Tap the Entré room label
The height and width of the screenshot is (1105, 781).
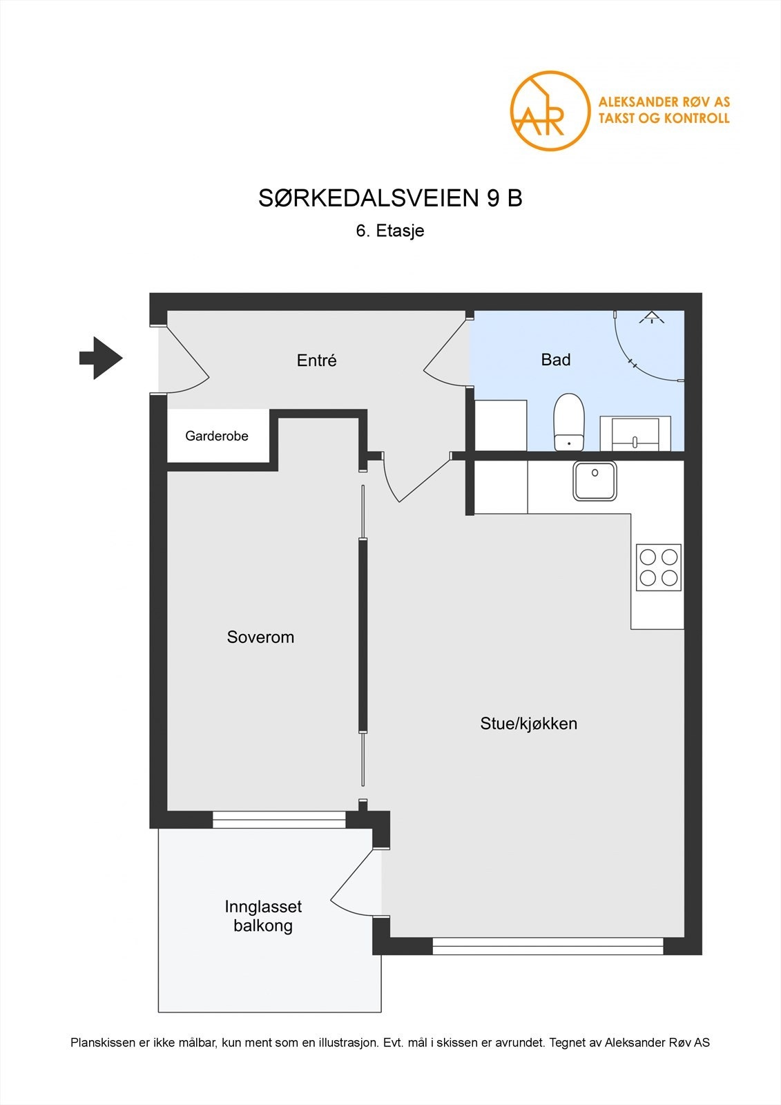[316, 360]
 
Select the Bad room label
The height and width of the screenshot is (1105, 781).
[555, 359]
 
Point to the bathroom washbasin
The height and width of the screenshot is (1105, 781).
[635, 433]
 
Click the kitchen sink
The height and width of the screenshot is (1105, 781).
[595, 481]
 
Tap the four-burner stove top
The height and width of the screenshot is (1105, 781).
[658, 567]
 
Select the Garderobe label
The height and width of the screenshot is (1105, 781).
[217, 436]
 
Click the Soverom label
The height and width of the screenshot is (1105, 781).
[260, 637]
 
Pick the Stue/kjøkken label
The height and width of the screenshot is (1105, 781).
[528, 724]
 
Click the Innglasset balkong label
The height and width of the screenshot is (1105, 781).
[263, 916]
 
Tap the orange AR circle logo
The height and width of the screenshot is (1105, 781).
[550, 111]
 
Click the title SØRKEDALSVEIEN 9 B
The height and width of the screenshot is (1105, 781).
[390, 198]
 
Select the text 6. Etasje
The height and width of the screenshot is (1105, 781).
[390, 231]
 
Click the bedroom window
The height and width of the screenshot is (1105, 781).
[279, 820]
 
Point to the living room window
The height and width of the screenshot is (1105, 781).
[548, 945]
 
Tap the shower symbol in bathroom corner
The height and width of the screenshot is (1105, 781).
[650, 318]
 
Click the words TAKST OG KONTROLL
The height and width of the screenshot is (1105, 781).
[664, 118]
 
